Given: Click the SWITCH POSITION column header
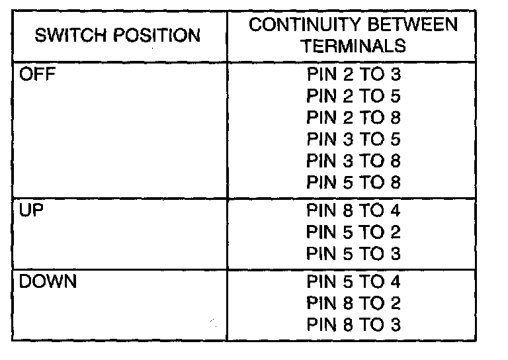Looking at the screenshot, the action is (118, 36).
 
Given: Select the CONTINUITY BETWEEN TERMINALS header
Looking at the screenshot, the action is (353, 36).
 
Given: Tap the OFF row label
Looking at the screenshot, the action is (37, 74).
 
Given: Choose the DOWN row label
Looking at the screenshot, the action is (48, 281).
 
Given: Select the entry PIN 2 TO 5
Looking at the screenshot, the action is (354, 97).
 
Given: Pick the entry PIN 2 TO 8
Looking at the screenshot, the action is (354, 118).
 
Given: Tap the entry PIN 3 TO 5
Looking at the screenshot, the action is (354, 140).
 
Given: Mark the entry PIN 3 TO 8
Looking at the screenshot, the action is (354, 161).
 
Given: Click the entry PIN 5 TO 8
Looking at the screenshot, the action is (354, 182).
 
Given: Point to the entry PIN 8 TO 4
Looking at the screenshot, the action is (354, 211).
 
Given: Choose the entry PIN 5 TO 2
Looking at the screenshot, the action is (354, 232).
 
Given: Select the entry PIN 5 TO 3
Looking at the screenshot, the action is (354, 253).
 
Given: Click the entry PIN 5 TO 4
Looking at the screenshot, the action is (354, 282).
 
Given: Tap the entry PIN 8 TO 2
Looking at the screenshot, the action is (354, 303).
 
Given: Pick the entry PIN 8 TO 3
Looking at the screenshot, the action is (354, 324).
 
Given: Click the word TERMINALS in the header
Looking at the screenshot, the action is (353, 47).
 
